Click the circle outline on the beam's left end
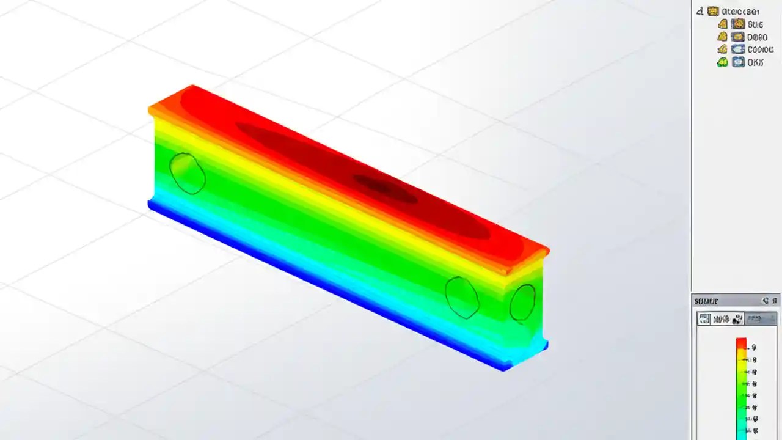click(187, 174)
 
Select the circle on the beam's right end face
click(522, 302)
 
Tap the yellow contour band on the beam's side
click(330, 202)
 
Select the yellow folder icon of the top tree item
click(713, 11)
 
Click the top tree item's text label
click(740, 11)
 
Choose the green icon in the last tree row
click(722, 62)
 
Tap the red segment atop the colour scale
click(741, 343)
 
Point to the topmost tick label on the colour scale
click(754, 347)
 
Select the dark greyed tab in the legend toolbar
click(762, 318)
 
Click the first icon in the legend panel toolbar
click(704, 318)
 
